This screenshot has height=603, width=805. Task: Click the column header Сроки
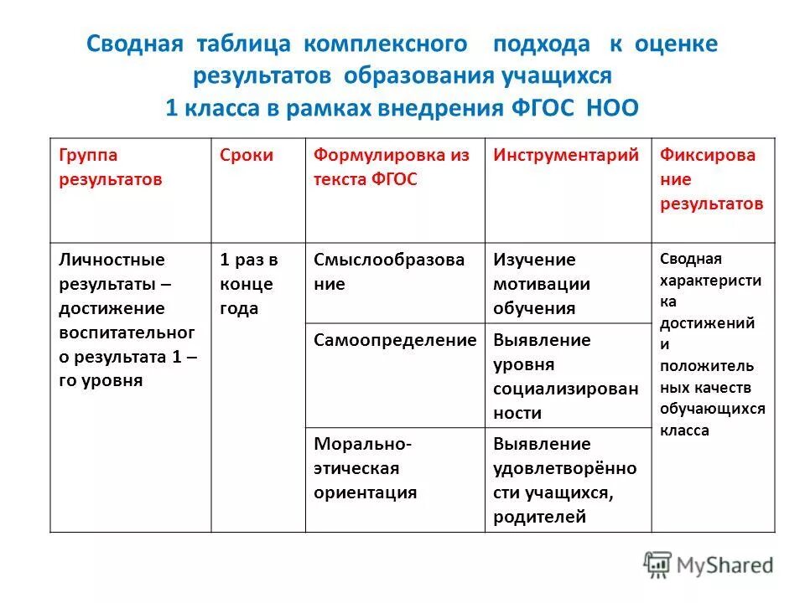pyautogui.click(x=247, y=155)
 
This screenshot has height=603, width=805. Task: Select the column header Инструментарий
pyautogui.click(x=566, y=155)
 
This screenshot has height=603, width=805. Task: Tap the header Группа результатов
pyautogui.click(x=111, y=167)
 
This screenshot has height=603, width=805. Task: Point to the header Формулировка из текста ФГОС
pyautogui.click(x=392, y=167)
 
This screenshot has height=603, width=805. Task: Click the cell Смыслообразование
pyautogui.click(x=389, y=271)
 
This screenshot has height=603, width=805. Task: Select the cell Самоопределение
pyautogui.click(x=394, y=340)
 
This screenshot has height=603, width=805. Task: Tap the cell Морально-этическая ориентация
pyautogui.click(x=366, y=467)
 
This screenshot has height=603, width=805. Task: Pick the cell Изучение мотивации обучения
pyautogui.click(x=542, y=283)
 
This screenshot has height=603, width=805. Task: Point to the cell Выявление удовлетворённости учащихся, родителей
pyautogui.click(x=564, y=480)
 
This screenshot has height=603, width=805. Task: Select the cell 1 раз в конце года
pyautogui.click(x=248, y=283)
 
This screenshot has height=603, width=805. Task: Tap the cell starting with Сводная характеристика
pyautogui.click(x=712, y=343)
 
